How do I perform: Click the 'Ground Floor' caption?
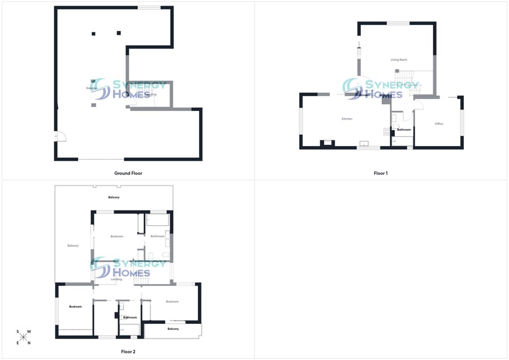(128, 173)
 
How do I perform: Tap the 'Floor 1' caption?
(381, 173)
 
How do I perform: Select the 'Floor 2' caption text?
(128, 352)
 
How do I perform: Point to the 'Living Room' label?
(399, 59)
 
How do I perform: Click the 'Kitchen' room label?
(347, 119)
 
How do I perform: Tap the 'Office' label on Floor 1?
(439, 123)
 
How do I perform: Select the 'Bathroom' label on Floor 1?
(404, 130)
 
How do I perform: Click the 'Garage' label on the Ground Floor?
(90, 88)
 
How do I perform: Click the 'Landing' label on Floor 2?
(117, 279)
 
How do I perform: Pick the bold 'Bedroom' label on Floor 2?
(75, 307)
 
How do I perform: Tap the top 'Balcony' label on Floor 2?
(114, 197)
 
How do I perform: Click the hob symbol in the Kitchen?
(387, 131)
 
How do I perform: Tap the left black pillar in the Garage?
(94, 33)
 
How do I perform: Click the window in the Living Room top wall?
(398, 23)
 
